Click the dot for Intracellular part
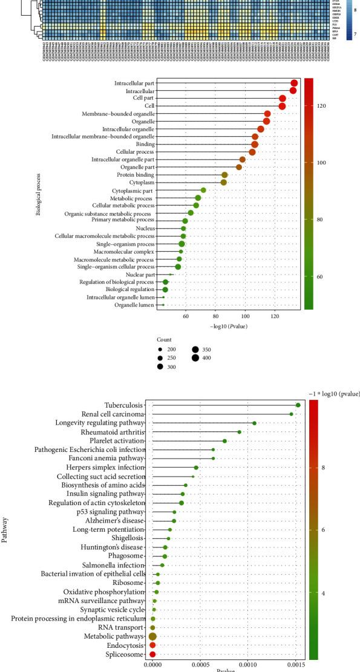click(x=294, y=83)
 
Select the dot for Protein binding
click(x=224, y=174)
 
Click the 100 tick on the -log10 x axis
click(x=245, y=316)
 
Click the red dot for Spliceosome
click(x=152, y=654)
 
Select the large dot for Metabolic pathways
click(x=152, y=636)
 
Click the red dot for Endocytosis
click(x=152, y=645)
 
